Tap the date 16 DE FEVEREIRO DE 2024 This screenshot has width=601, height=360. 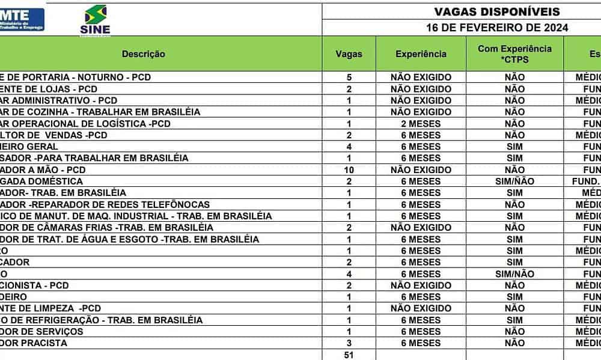pos(497,28)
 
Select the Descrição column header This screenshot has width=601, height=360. pos(144,54)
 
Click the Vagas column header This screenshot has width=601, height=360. pos(349,54)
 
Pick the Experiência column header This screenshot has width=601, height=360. pos(421,54)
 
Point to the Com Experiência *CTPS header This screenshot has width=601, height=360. pos(514,53)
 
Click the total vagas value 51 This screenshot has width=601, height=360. pos(349,355)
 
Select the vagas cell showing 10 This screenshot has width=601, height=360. pos(349,169)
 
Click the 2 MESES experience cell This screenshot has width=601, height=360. pos(421,123)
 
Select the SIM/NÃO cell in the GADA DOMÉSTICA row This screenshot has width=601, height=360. pos(514,181)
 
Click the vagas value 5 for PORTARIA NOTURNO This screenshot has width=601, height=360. pos(349,77)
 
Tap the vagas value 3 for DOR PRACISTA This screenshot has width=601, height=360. pos(349,343)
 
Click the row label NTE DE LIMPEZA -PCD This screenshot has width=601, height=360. pos(50,308)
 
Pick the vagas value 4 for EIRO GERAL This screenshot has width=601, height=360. pos(349,146)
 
